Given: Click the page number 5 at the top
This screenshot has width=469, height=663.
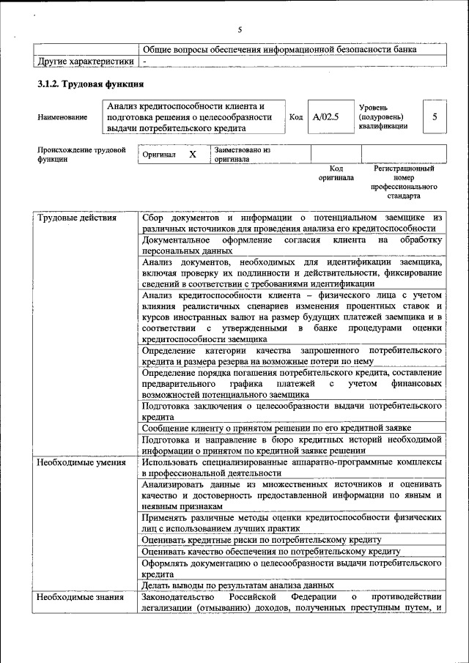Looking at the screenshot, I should (239, 30).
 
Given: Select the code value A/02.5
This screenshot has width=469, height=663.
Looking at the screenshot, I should (325, 116).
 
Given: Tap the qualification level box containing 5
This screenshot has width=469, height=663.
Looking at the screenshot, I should (435, 116).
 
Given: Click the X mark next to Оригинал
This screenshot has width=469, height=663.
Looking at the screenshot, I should (193, 155).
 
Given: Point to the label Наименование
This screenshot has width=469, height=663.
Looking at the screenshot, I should (62, 117).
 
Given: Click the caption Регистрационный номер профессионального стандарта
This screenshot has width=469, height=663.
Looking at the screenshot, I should (404, 182).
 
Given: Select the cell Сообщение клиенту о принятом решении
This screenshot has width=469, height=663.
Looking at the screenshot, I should (276, 427).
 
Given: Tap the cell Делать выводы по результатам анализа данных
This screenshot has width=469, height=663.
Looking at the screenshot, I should (238, 585).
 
